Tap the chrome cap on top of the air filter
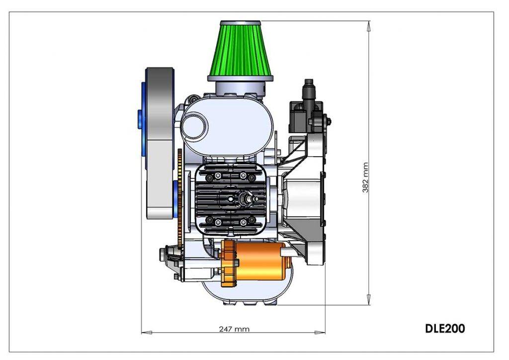241,23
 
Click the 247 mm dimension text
234,329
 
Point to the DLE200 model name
445,328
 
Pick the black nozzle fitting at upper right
309,88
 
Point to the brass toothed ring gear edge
178,199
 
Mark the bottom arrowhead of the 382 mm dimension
369,300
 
